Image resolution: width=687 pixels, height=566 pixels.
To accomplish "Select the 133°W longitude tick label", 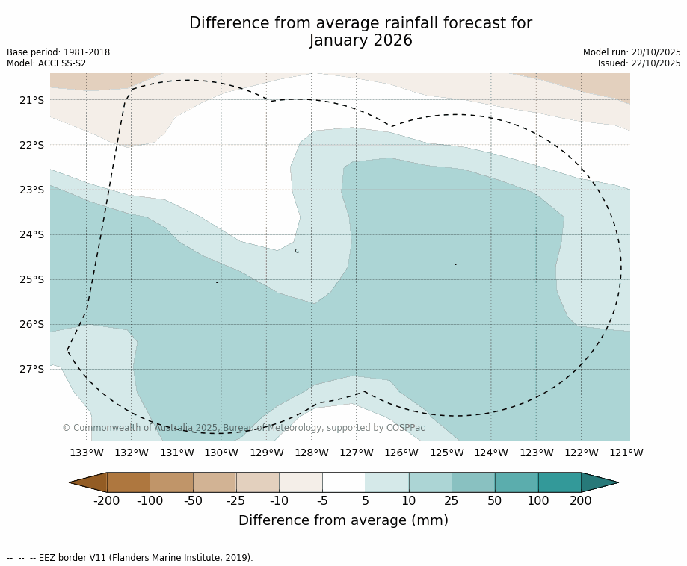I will coord(87,453).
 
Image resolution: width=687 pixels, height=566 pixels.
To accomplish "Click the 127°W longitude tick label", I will coord(357,453).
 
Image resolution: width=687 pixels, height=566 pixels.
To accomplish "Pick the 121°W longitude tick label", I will coord(626,453).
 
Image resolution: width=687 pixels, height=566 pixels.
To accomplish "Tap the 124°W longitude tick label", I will coord(491,453).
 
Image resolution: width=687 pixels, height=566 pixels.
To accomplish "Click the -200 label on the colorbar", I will coord(107,501).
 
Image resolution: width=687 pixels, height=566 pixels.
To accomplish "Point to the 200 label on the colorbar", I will coord(581,501).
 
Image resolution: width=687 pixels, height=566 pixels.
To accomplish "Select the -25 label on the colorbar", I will coord(236,501).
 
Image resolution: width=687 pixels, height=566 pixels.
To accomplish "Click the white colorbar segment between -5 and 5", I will coord(344,482).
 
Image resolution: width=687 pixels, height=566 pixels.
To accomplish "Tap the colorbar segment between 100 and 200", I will coord(559,482).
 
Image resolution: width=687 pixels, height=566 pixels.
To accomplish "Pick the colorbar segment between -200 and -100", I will coord(129,482).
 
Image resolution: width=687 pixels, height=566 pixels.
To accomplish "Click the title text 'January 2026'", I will coord(360,40).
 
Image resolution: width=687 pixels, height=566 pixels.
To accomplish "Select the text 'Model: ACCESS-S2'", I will coord(46,63).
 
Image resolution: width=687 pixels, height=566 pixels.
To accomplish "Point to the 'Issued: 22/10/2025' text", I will coord(639,63).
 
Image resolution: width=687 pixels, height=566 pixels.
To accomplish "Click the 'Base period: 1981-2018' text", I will coord(58,52).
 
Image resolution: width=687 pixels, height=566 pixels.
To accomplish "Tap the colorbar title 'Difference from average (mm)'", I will coord(343,521).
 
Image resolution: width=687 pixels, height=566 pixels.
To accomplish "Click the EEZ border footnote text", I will coord(130,558).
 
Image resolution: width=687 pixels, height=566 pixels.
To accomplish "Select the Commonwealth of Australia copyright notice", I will coord(243,428).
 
